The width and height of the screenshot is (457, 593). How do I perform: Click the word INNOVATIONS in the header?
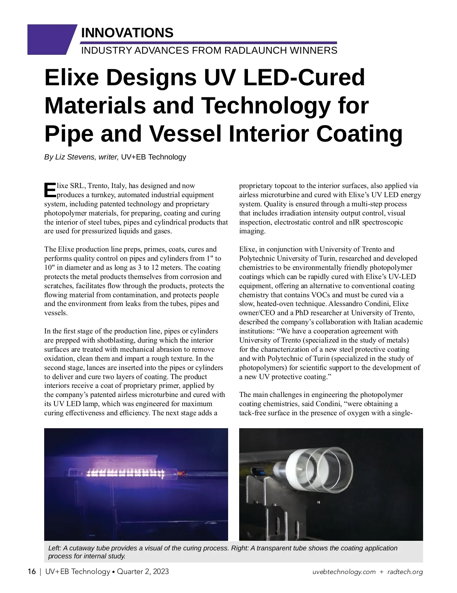127,33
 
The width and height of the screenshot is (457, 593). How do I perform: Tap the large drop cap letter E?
50,190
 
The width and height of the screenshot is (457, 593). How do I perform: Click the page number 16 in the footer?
32,571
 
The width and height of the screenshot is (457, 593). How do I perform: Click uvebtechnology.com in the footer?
344,572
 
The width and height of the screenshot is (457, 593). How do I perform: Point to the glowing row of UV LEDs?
125,473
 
